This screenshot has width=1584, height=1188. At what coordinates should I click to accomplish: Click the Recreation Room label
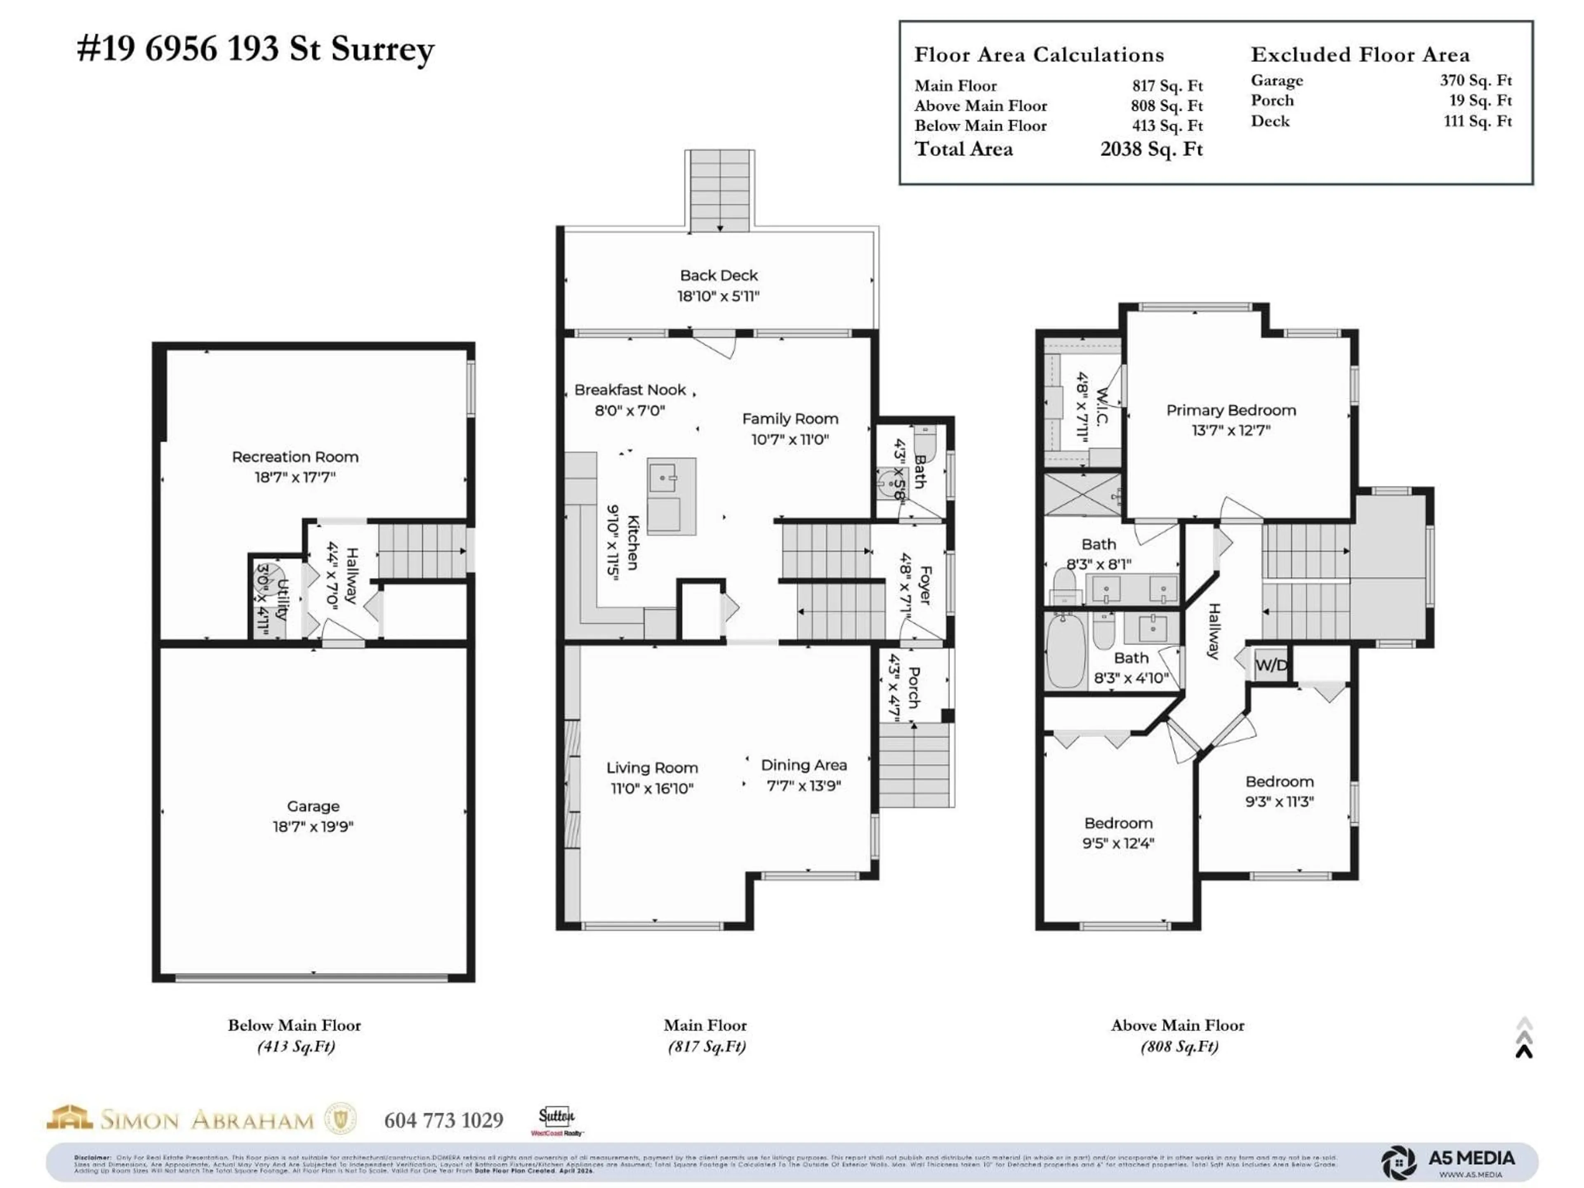(295, 457)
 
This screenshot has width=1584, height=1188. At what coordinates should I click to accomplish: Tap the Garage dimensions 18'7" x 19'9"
(313, 826)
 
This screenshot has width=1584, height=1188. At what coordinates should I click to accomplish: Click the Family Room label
(790, 419)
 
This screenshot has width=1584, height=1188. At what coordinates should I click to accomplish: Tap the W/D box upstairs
(1270, 665)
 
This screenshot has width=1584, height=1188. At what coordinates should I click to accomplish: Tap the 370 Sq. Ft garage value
(1476, 80)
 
